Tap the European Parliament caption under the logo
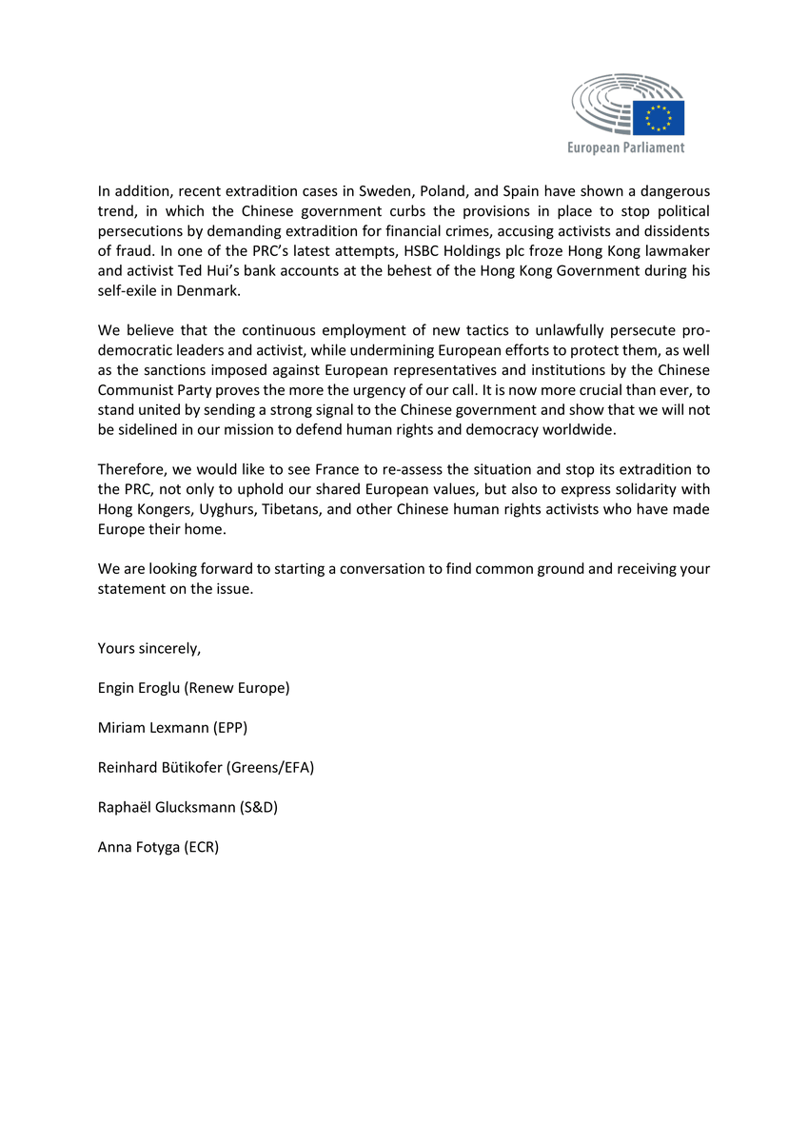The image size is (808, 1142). (625, 148)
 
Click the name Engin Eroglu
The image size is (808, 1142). (141, 687)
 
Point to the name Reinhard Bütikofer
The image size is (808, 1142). (164, 767)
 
